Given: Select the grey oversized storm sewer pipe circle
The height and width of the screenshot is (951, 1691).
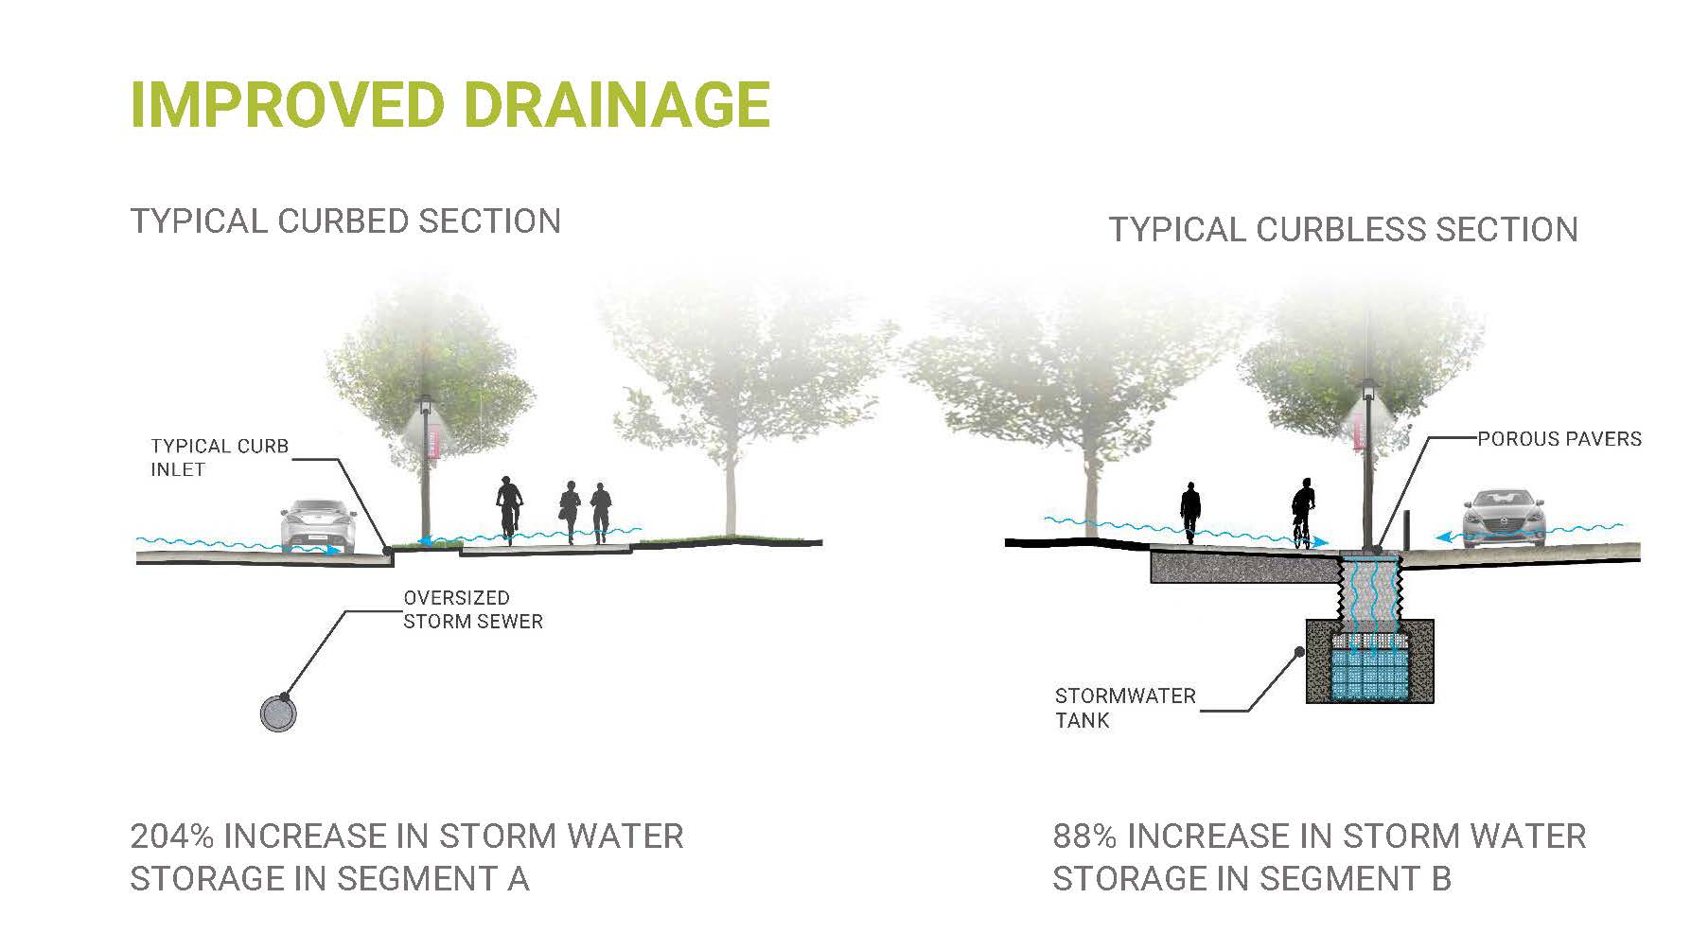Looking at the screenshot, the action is coord(278,713).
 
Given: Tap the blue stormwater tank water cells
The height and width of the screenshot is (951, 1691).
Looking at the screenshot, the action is coord(1369,673).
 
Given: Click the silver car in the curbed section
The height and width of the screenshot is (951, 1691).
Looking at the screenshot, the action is coord(319,526).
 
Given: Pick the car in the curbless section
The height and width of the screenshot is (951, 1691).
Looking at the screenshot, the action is coord(1504,519).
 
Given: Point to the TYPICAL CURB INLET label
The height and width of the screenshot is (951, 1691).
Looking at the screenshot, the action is coord(220,457).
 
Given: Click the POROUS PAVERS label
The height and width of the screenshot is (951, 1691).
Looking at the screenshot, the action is coord(1559,439).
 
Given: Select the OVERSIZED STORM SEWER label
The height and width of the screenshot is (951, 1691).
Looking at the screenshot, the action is coord(473,609).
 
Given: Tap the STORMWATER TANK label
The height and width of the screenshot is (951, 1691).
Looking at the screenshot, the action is coord(1125,708).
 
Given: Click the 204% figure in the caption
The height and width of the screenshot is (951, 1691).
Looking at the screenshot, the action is coord(171,837).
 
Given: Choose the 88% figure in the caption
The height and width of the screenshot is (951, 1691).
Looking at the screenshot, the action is coord(1084,837).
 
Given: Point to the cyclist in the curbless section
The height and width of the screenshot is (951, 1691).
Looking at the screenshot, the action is coord(1304,513).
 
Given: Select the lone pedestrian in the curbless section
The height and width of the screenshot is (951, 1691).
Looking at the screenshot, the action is coord(1190,513).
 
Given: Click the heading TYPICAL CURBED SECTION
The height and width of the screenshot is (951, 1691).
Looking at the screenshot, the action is coord(345,221).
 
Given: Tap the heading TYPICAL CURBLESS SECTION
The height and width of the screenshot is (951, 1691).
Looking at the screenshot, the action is coord(1343,230).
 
